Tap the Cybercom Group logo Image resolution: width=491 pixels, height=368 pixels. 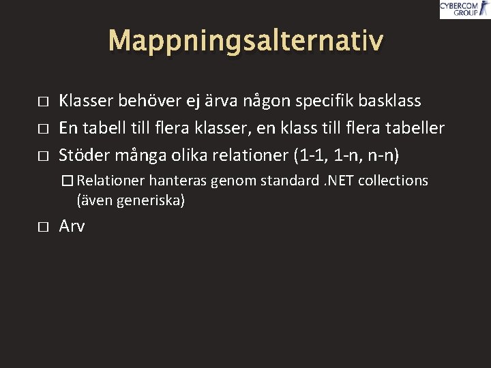pyautogui.click(x=464, y=9)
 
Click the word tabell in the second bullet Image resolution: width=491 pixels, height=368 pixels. pyautogui.click(x=103, y=128)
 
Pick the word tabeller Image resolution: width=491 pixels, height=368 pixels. pyautogui.click(x=415, y=128)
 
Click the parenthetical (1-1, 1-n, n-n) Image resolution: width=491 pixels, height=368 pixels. pyautogui.click(x=346, y=155)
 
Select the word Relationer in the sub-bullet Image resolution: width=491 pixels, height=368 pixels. pyautogui.click(x=110, y=181)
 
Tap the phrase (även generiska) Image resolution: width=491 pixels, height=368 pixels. pyautogui.click(x=131, y=201)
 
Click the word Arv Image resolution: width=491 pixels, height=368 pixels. pyautogui.click(x=72, y=226)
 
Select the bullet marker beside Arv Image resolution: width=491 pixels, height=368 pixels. pyautogui.click(x=42, y=227)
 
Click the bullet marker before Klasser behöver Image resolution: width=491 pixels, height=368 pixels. pyautogui.click(x=42, y=102)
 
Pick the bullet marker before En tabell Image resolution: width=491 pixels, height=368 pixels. pyautogui.click(x=42, y=129)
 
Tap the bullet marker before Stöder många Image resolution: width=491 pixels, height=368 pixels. pyautogui.click(x=42, y=156)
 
